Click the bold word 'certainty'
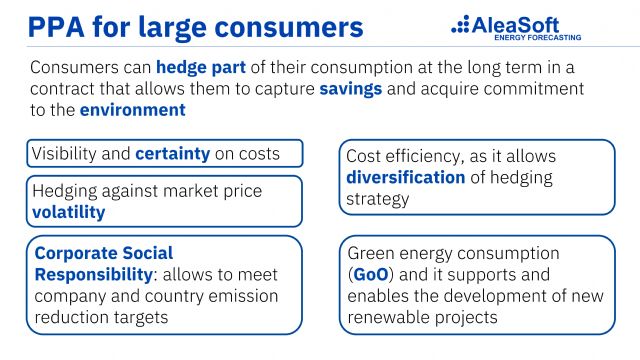[x=173, y=155]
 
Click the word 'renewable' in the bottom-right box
[x=393, y=317]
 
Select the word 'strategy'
[x=377, y=199]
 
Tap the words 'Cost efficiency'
[x=401, y=157]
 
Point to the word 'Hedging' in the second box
[x=68, y=191]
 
